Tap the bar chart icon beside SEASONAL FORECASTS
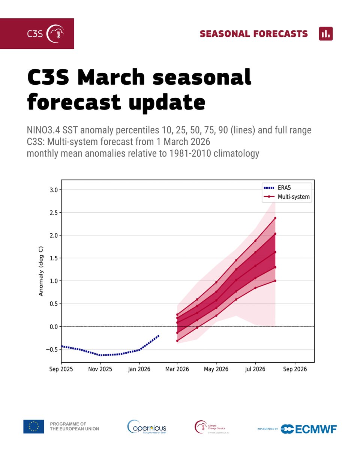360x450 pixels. point(325,34)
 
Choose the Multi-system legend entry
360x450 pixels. point(294,196)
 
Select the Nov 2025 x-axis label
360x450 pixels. point(100,369)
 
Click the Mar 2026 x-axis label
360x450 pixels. point(177,369)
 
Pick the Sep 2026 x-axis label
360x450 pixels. point(295,369)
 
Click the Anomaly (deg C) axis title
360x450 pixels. point(41,272)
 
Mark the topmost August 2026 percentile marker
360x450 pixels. point(275,218)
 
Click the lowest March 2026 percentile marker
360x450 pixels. point(177,340)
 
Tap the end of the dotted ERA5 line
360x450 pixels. point(159,335)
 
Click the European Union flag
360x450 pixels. point(34,426)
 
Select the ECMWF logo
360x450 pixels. point(308,429)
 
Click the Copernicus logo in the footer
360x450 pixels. point(147,427)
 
